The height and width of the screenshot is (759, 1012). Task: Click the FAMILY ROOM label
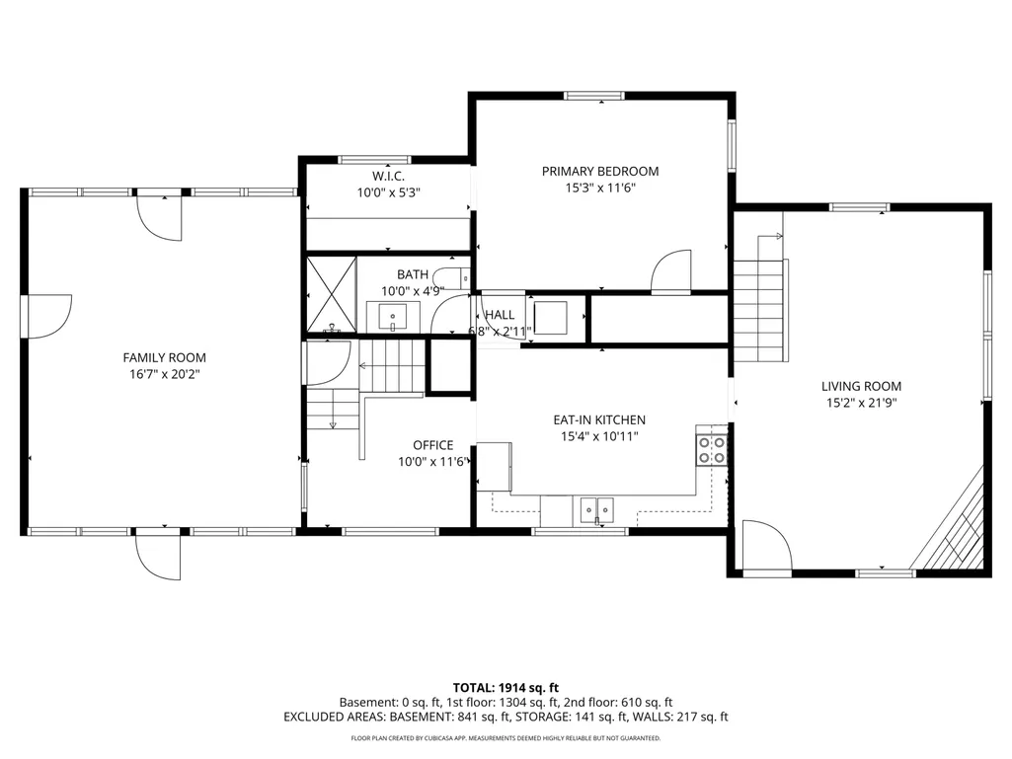pos(165,357)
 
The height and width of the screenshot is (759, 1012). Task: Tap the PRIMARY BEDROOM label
pos(600,171)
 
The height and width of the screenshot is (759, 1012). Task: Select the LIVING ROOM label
pos(861,386)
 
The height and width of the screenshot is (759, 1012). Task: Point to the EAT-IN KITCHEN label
pos(599,419)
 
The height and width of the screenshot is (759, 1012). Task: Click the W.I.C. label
pos(389,176)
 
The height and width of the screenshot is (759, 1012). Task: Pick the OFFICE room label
pos(433,445)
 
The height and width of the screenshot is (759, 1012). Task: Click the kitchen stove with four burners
pos(711,450)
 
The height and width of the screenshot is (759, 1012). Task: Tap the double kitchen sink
pos(596,509)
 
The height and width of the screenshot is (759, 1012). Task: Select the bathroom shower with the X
pos(331,294)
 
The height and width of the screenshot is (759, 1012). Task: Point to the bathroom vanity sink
pos(392,317)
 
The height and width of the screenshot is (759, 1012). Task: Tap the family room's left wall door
pos(46,316)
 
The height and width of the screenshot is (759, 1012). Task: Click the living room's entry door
pos(767,548)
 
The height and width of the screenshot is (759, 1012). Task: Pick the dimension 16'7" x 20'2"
pos(165,374)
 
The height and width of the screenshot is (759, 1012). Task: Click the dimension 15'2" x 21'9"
pos(861,403)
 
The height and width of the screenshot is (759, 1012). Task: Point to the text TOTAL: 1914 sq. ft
pos(506,687)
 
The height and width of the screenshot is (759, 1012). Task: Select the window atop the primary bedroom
pos(593,96)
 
